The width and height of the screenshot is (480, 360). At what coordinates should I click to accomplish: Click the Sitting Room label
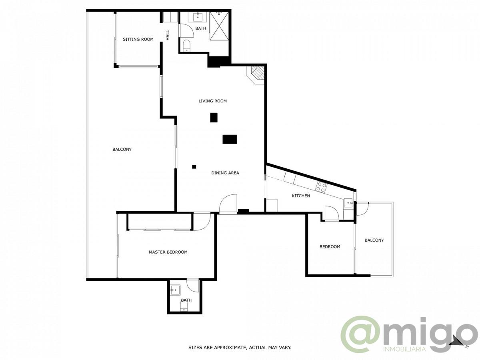[x=138, y=39]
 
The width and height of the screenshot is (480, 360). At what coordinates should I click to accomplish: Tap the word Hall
[x=168, y=35]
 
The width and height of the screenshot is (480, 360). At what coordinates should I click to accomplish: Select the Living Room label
[x=212, y=101]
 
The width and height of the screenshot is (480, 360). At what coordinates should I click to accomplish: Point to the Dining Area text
[x=225, y=173]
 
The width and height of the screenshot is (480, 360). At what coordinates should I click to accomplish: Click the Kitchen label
[x=301, y=196]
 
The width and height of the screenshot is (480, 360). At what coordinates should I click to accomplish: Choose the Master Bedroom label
[x=168, y=252]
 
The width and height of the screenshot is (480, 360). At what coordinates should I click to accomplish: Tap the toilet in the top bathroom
[x=186, y=46]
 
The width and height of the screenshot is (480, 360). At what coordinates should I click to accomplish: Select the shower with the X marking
[x=219, y=26]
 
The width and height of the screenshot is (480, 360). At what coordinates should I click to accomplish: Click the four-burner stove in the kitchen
[x=321, y=188]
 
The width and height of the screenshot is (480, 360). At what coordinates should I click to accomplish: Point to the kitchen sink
[x=348, y=203]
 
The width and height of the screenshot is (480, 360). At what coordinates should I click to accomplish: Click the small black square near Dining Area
[x=194, y=167]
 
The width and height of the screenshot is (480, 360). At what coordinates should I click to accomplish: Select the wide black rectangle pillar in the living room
[x=230, y=139]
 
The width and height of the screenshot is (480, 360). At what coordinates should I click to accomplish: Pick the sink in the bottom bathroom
[x=175, y=290]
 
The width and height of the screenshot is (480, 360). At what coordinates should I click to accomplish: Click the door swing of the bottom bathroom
[x=192, y=287]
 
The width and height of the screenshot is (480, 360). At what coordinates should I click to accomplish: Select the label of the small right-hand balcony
[x=374, y=240]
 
